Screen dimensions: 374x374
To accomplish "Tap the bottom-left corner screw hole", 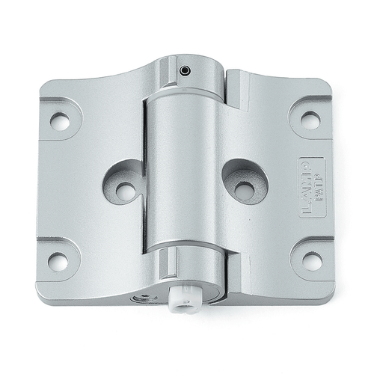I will (x=58, y=261).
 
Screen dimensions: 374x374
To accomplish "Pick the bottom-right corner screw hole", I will (x=311, y=261).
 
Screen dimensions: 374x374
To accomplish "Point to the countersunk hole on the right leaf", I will (x=244, y=190).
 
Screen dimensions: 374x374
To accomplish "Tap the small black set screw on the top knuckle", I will (x=184, y=71).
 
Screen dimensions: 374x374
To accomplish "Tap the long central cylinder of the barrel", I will (x=183, y=172).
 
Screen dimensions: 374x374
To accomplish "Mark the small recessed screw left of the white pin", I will (x=142, y=298).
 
